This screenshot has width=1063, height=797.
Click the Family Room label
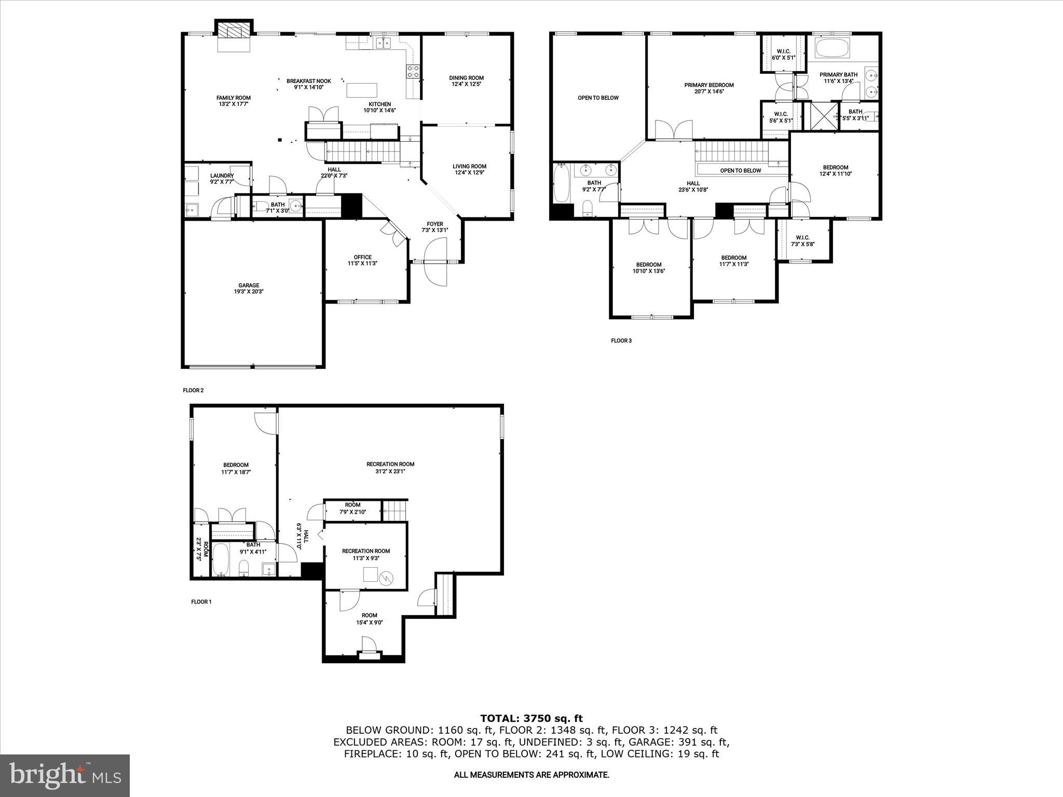(x=234, y=98)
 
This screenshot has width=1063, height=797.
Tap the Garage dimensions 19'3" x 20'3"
(x=249, y=292)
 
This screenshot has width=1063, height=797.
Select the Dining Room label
(x=466, y=78)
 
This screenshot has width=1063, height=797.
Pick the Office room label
(x=362, y=257)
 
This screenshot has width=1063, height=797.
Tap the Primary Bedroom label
(x=708, y=85)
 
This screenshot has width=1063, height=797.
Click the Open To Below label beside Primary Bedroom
(x=598, y=98)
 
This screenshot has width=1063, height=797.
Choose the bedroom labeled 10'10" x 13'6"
(x=648, y=268)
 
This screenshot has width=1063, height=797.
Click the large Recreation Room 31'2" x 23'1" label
(x=390, y=464)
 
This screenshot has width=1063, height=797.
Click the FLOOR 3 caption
(x=621, y=341)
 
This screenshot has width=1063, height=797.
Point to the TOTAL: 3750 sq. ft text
(x=531, y=719)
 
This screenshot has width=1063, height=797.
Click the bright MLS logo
(x=65, y=776)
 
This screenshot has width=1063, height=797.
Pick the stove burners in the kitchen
(x=413, y=72)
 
